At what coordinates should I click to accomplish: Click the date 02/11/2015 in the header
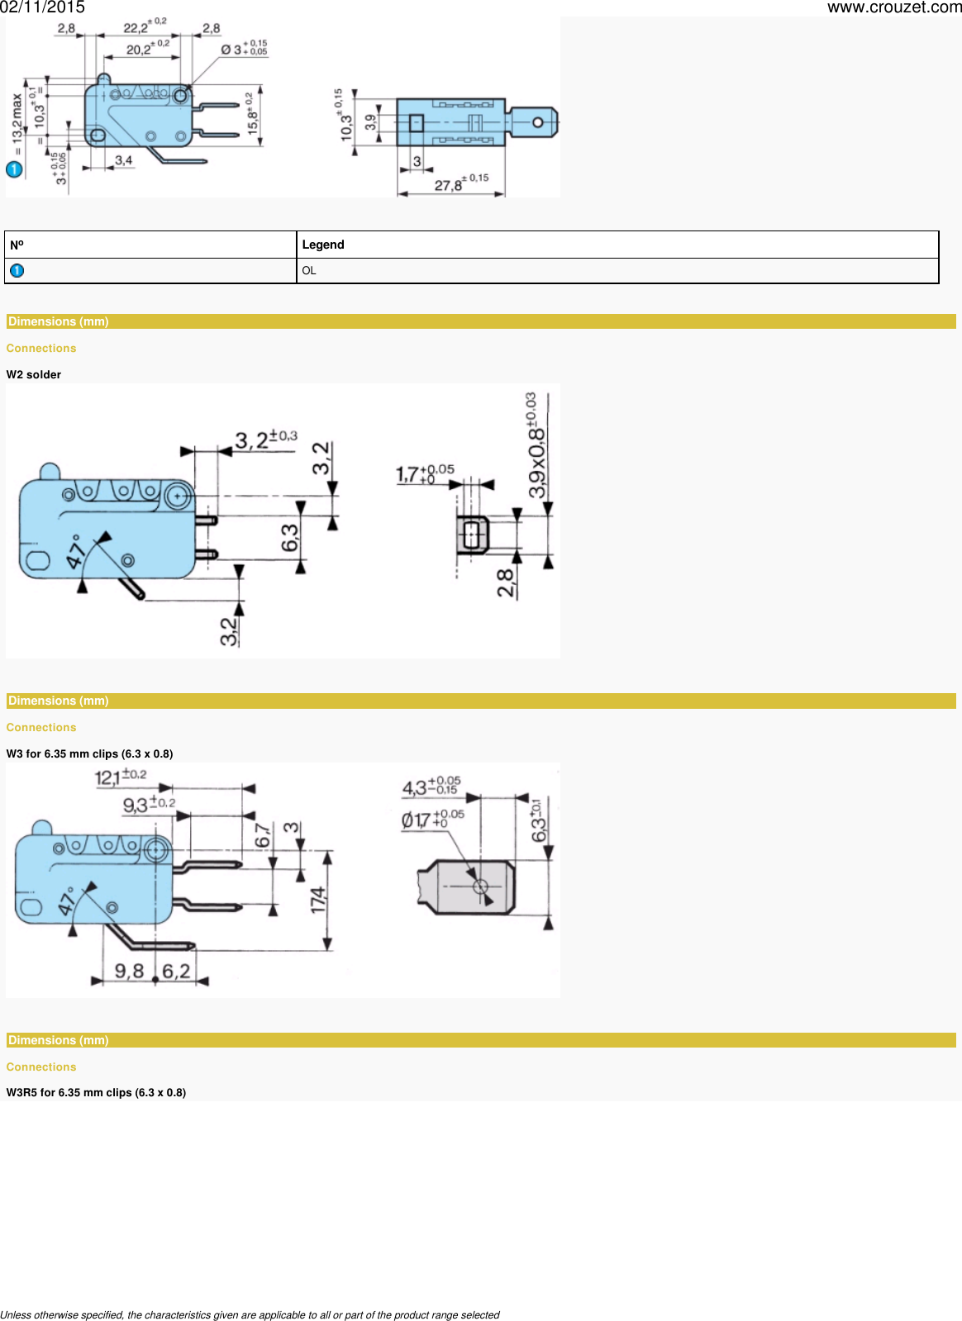tap(42, 7)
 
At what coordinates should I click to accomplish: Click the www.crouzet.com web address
tap(893, 7)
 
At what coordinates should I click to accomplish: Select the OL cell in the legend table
tap(309, 271)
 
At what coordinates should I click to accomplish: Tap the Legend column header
tap(323, 245)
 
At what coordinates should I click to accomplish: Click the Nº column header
tap(17, 245)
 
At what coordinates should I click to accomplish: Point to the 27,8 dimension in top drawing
tap(450, 185)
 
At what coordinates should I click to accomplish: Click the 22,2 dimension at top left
tap(137, 28)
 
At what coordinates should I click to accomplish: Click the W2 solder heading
tap(34, 374)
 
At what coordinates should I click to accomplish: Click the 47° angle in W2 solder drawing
tap(76, 551)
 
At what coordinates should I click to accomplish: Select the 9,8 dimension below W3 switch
tap(129, 971)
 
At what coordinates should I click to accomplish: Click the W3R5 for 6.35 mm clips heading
tap(96, 1092)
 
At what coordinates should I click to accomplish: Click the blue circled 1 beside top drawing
tap(14, 169)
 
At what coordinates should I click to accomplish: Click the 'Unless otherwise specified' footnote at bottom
tap(250, 1314)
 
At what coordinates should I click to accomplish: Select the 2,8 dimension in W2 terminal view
tap(506, 582)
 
